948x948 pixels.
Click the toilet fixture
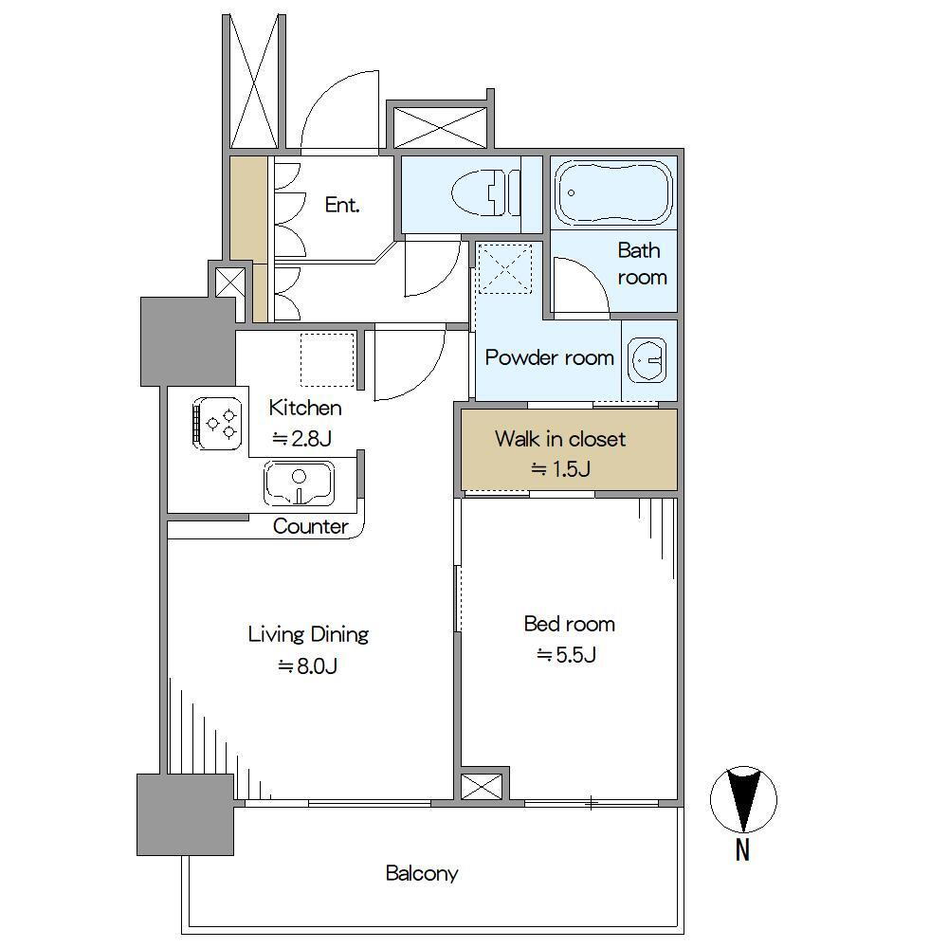click(485, 192)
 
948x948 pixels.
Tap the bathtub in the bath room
click(613, 192)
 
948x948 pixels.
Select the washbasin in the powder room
click(647, 360)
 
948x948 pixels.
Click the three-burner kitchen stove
click(217, 423)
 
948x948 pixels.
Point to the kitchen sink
click(300, 483)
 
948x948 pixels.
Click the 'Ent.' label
click(342, 205)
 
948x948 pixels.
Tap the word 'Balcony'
click(422, 873)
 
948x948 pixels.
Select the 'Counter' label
click(311, 526)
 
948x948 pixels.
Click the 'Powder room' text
click(550, 357)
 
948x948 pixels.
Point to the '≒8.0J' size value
click(307, 666)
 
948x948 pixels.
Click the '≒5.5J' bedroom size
click(567, 655)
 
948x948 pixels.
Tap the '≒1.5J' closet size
click(560, 469)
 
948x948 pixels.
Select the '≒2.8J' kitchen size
click(301, 438)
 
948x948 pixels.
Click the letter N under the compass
click(742, 850)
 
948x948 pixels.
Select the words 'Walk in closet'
click(560, 439)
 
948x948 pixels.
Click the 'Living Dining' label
click(308, 634)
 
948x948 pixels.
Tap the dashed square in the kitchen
click(327, 359)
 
